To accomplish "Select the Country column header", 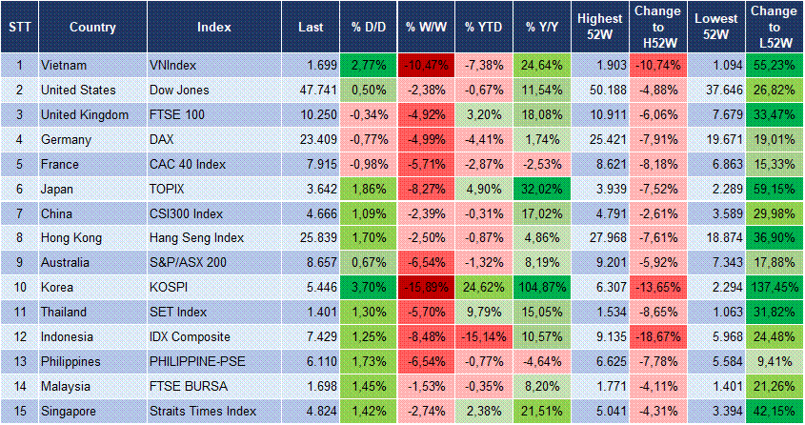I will [x=92, y=27].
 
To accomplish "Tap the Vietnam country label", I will [x=65, y=66].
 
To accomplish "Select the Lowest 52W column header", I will [x=715, y=27].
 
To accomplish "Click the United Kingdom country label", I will [x=85, y=115].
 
